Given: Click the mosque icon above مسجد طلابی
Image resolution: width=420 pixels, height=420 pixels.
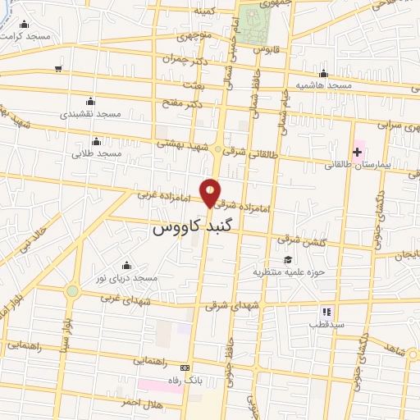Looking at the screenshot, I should pyautogui.click(x=96, y=141).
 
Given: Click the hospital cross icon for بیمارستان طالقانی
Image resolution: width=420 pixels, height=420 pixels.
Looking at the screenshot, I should pyautogui.click(x=358, y=152).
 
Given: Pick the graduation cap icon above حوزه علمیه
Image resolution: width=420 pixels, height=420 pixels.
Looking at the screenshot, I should pyautogui.click(x=287, y=259).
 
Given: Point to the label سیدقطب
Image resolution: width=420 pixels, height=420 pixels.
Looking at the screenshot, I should pyautogui.click(x=325, y=325).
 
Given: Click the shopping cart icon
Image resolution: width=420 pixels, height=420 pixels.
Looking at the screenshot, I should pyautogui.click(x=58, y=69).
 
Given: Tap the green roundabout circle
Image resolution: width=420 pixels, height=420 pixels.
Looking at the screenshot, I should pyautogui.click(x=72, y=290).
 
